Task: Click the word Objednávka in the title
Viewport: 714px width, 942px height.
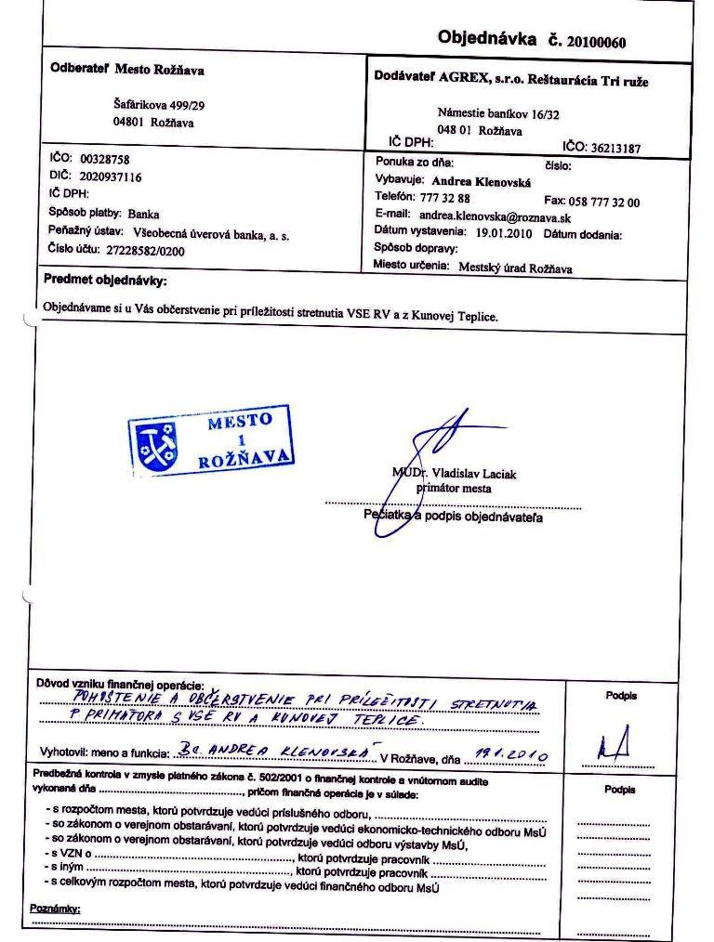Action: pos(487,39)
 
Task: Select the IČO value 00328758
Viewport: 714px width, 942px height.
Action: pos(104,160)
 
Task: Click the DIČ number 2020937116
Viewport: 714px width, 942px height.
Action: pos(111,177)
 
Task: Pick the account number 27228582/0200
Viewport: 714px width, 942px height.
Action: pos(131,251)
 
